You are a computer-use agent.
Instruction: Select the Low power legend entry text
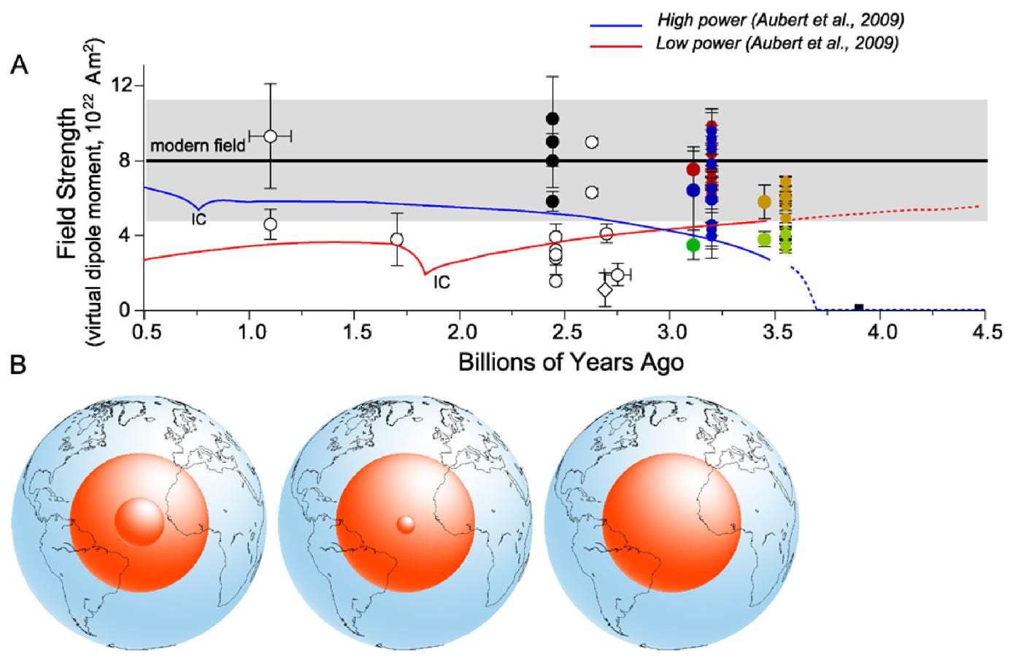point(777,43)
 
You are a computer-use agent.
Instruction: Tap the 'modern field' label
point(198,145)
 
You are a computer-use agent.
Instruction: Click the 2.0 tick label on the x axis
point(462,333)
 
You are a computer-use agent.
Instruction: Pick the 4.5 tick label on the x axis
point(987,333)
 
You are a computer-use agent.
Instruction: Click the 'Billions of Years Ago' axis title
point(571,362)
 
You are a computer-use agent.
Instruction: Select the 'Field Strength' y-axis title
point(67,183)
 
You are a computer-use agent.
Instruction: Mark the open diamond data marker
point(605,290)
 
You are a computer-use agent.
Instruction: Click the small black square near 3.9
point(859,308)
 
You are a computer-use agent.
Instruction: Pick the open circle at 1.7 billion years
point(397,239)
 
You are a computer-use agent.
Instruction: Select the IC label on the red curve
point(442,282)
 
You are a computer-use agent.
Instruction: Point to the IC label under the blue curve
point(199,218)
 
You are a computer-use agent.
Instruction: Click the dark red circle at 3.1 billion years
point(693,169)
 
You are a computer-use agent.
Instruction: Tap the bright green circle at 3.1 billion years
point(693,245)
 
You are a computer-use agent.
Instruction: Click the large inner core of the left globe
point(139,522)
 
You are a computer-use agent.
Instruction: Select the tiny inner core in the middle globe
point(406,524)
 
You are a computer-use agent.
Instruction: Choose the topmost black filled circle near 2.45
point(552,119)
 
